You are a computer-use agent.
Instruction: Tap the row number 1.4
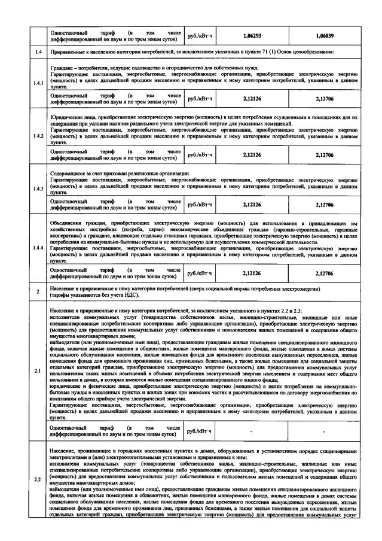pyautogui.click(x=38, y=54)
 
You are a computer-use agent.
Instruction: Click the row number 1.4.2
pyautogui.click(x=38, y=137)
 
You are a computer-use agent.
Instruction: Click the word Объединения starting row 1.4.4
pyautogui.click(x=69, y=223)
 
